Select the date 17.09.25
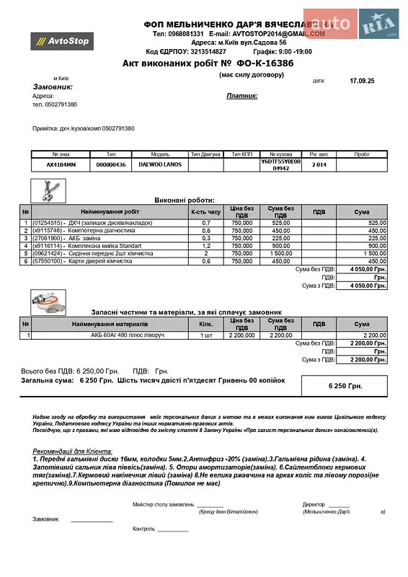point(362,81)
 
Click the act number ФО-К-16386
point(265,63)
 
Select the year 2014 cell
point(319,164)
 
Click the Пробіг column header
point(362,154)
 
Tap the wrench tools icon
point(50,190)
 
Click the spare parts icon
point(49,301)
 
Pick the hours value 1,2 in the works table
point(205,246)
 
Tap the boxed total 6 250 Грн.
point(345,387)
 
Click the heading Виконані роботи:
point(185,200)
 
